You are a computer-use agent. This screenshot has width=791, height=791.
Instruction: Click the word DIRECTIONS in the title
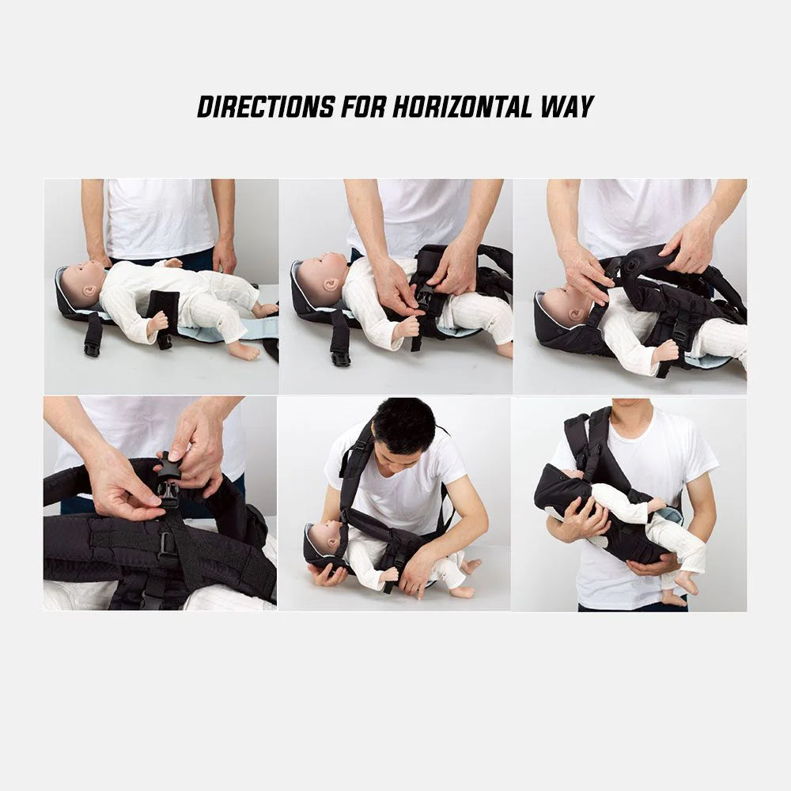click(266, 107)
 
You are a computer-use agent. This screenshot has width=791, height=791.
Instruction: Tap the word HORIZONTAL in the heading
click(462, 107)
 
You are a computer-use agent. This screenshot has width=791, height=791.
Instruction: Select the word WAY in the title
click(567, 107)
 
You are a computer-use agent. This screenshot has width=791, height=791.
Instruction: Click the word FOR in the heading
click(363, 107)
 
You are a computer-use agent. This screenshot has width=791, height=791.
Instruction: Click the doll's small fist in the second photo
click(407, 328)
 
